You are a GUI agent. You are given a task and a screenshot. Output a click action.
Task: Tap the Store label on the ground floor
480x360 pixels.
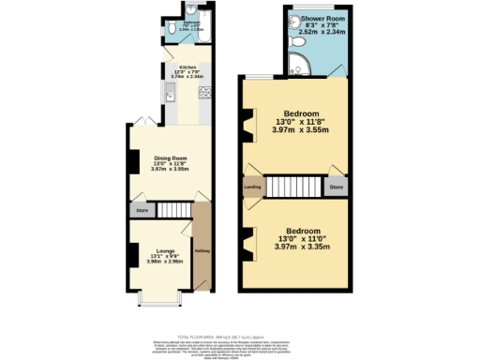142,211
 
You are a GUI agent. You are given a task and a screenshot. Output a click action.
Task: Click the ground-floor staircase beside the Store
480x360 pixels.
172,210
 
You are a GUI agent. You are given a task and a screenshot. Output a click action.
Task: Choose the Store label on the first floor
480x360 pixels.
336,187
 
